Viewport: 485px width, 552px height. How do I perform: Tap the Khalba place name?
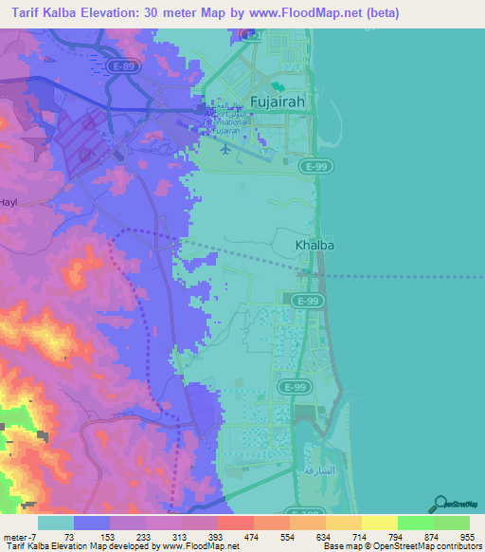point(315,245)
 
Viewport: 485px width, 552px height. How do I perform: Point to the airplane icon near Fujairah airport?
point(224,148)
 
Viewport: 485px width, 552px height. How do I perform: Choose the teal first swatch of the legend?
point(56,523)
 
